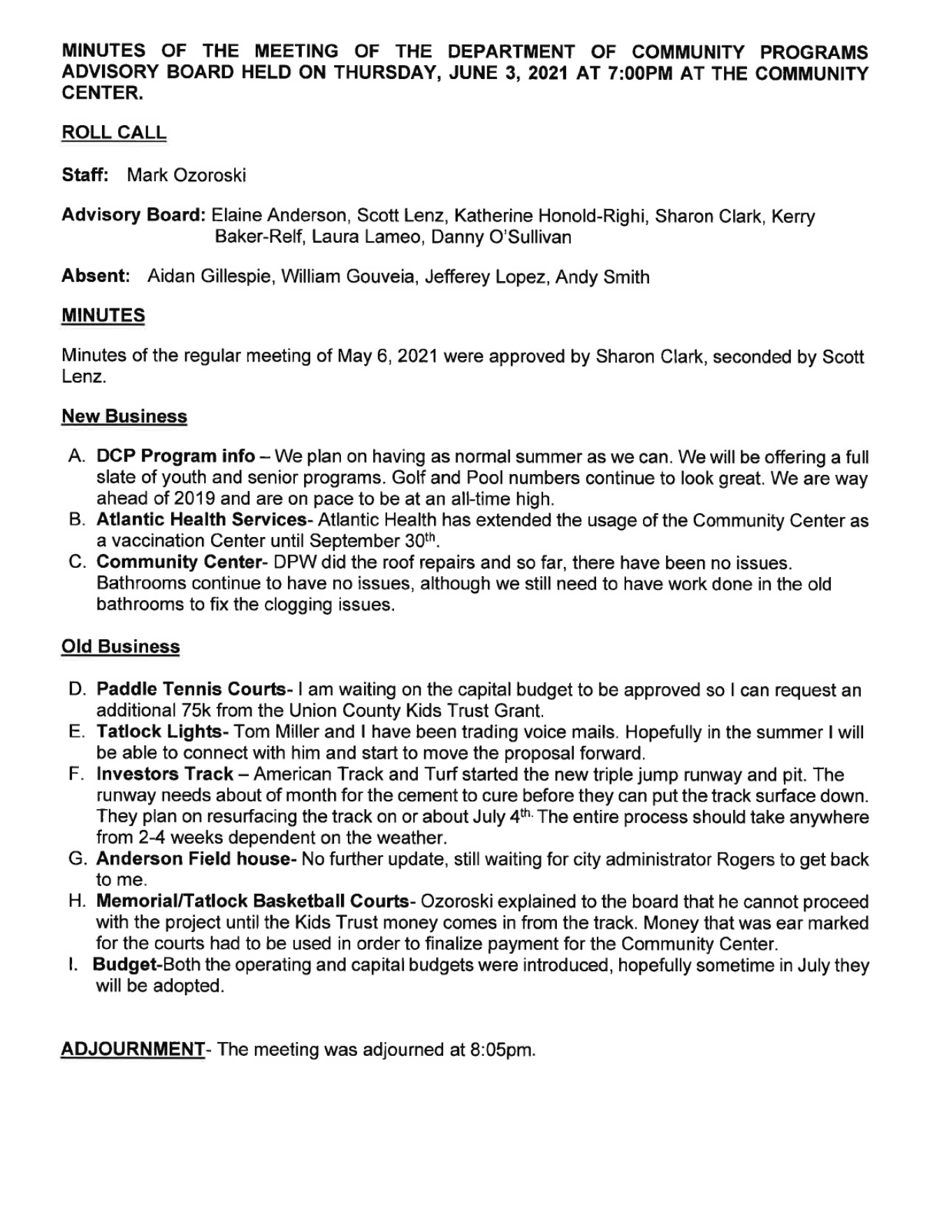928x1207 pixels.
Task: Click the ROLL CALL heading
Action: pos(114,133)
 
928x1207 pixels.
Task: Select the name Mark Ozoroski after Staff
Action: pos(186,175)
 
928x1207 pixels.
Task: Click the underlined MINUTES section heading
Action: pos(103,315)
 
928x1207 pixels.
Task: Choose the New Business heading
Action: pos(124,416)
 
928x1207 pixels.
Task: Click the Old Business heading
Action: pos(120,646)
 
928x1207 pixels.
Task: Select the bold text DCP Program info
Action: pos(175,457)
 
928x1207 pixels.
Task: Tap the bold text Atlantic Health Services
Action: pos(201,520)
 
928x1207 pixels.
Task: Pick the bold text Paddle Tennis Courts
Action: pos(190,690)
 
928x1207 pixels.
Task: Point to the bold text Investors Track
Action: pos(165,774)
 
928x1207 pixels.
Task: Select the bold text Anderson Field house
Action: pos(192,859)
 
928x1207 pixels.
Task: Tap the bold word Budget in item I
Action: pos(124,965)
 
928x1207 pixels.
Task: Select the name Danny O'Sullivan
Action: pos(501,237)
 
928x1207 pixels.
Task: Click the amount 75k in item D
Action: pos(196,711)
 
